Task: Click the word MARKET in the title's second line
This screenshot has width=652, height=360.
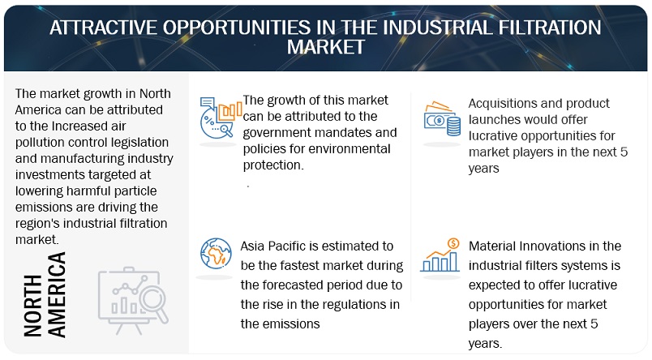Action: (326, 47)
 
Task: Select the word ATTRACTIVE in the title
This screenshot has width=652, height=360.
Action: (103, 28)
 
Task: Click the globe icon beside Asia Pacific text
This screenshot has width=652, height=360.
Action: (216, 254)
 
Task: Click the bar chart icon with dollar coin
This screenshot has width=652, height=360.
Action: (440, 255)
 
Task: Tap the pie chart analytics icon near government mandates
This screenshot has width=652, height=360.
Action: (221, 118)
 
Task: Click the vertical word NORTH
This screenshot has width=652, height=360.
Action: (33, 306)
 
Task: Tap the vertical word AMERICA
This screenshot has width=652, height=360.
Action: (57, 294)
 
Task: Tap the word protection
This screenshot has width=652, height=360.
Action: (273, 165)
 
